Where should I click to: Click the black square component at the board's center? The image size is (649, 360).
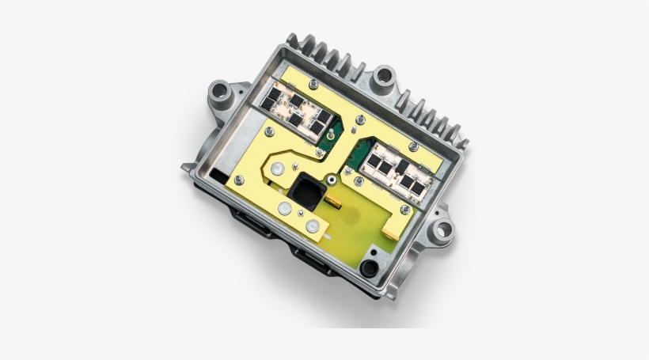coord(306,191)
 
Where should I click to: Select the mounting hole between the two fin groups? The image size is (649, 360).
coord(385,77)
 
